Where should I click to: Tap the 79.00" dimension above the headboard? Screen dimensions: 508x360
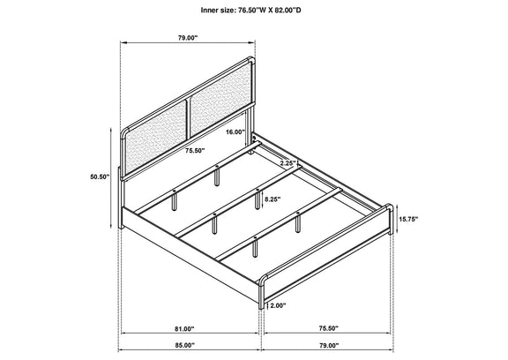point(188,38)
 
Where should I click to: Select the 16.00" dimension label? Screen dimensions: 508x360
point(235,131)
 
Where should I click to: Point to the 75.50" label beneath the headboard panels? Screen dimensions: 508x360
point(196,150)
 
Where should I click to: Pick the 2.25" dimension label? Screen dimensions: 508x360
point(288,163)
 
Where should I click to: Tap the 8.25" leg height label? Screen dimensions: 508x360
point(273,199)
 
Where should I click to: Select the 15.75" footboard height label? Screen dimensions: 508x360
point(408,219)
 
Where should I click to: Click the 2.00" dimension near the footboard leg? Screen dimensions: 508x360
point(278,305)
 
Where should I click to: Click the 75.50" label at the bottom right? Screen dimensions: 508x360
point(328,328)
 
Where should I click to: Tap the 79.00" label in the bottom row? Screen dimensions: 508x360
point(328,345)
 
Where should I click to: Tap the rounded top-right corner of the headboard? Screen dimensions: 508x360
point(250,60)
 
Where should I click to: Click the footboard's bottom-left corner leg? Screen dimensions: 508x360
point(261,292)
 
